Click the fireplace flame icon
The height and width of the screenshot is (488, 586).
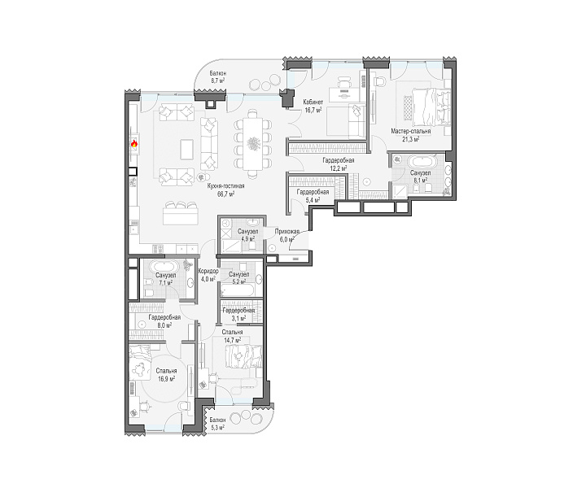coord(133,143)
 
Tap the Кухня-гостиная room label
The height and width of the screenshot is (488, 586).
coord(225,186)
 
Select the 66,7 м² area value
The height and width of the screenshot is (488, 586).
coord(226,194)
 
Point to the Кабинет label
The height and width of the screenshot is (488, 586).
coord(313,102)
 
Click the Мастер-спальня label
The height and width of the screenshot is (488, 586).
coord(411,132)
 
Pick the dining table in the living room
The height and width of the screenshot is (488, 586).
coord(252,143)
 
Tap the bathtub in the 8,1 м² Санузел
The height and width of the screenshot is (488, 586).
coord(422,162)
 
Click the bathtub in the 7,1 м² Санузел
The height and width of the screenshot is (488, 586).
coord(164,267)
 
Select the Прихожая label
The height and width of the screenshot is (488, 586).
coord(287,232)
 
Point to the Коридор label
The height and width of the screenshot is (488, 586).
coord(208,272)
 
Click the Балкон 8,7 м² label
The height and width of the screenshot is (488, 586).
coord(217,77)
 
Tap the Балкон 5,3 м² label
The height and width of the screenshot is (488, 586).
coord(217,424)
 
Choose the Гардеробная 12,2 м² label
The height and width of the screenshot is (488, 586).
coord(339,164)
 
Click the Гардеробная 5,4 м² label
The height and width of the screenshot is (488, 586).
coord(313,196)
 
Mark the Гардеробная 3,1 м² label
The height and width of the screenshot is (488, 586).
coord(238,315)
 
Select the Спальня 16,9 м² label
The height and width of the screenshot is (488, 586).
coord(166,375)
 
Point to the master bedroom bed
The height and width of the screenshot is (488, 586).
coord(431,107)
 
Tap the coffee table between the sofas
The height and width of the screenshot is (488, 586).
coord(186,149)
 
